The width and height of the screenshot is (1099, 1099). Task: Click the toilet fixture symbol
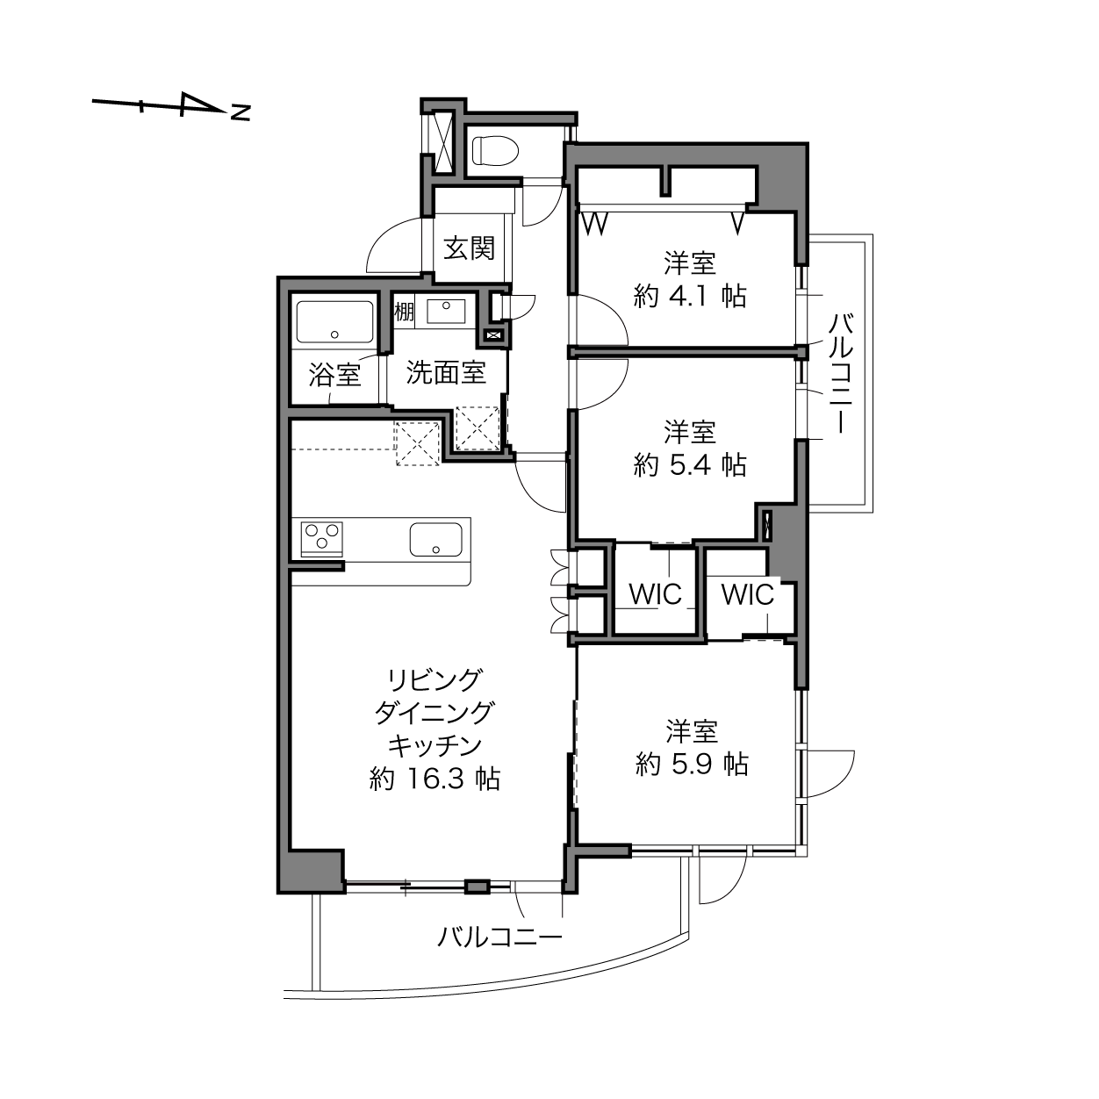(x=495, y=151)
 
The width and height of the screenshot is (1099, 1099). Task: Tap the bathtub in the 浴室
(x=334, y=323)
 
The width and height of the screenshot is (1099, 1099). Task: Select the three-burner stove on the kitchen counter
(x=321, y=538)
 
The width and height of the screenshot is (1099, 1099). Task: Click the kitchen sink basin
(x=435, y=539)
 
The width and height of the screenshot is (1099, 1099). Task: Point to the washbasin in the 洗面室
(x=446, y=312)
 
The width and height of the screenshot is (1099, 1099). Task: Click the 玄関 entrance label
(x=469, y=248)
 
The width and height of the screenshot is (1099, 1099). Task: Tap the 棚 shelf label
(x=405, y=312)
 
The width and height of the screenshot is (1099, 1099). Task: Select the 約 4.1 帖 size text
(x=690, y=296)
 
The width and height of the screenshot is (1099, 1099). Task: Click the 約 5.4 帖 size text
(x=690, y=465)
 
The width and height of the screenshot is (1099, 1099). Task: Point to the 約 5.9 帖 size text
(x=692, y=765)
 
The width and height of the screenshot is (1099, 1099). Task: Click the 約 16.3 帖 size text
(x=435, y=779)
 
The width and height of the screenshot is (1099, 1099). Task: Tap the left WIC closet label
(x=656, y=594)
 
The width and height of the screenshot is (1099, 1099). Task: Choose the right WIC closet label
(x=747, y=595)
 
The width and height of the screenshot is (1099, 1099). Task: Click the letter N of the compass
(x=241, y=112)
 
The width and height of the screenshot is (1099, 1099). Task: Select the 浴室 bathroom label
(x=334, y=375)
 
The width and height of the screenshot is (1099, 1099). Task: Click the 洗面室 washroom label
(x=446, y=372)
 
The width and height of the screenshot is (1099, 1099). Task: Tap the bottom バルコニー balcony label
(x=499, y=937)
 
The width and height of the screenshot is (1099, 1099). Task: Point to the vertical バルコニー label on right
(x=840, y=373)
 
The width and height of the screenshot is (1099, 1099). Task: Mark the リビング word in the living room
(x=435, y=680)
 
